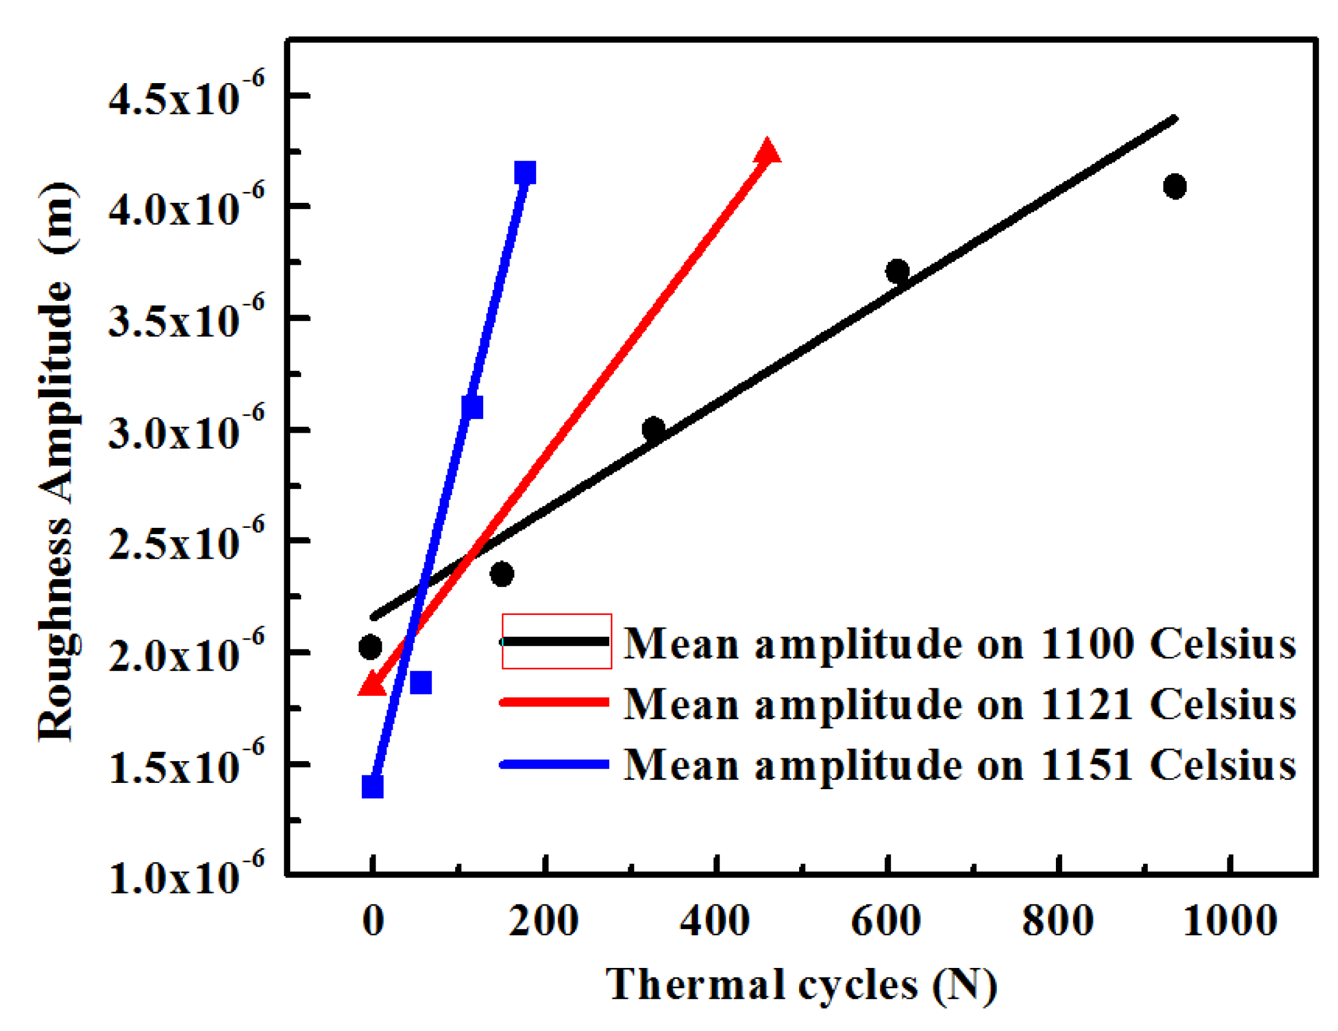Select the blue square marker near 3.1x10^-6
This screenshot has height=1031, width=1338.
pyautogui.click(x=472, y=407)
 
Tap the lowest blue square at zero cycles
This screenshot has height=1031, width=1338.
pyautogui.click(x=373, y=787)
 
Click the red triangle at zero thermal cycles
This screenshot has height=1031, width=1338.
pyautogui.click(x=372, y=684)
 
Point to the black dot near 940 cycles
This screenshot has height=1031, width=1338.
pyautogui.click(x=1175, y=186)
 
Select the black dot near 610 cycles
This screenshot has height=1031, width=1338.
pyautogui.click(x=898, y=271)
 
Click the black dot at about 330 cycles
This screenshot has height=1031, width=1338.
pyautogui.click(x=653, y=428)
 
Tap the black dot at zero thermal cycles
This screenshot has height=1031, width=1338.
pyautogui.click(x=370, y=647)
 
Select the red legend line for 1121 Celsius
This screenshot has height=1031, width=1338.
pyautogui.click(x=555, y=702)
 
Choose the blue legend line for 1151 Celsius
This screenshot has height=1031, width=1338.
pyautogui.click(x=555, y=764)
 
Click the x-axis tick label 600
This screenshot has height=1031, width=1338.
pyautogui.click(x=886, y=921)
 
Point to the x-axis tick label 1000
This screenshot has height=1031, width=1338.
pyautogui.click(x=1230, y=921)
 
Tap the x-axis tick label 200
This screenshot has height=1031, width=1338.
pyautogui.click(x=543, y=921)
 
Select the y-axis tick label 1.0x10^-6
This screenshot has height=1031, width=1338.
pyautogui.click(x=187, y=875)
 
